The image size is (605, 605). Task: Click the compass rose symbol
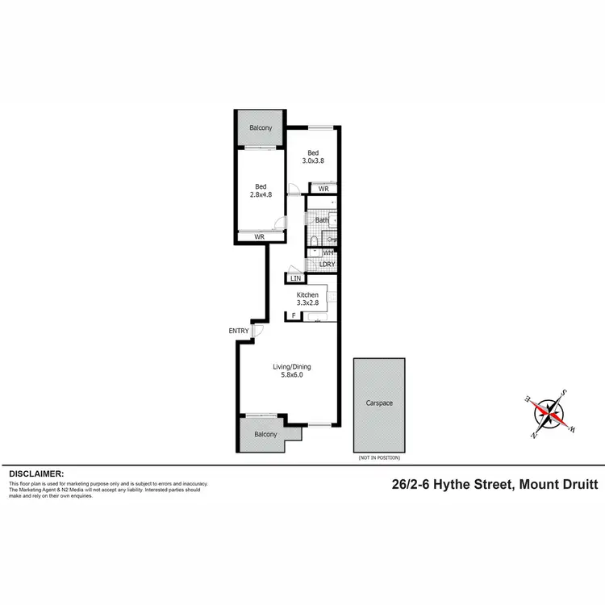[x=550, y=411]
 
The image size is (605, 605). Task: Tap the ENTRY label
[x=239, y=331]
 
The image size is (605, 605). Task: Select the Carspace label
[x=379, y=403]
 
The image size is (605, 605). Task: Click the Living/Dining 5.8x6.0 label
[x=290, y=371]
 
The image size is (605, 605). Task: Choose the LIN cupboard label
[x=295, y=279]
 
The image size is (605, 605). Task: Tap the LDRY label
[x=328, y=265]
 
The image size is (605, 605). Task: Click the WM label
[x=328, y=252]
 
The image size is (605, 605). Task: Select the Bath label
[x=322, y=219]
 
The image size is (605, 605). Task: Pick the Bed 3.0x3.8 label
[x=313, y=157]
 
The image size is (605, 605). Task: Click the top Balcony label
[x=261, y=128]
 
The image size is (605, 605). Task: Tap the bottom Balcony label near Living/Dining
[x=265, y=434]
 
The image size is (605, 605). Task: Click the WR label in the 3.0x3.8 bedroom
[x=323, y=189]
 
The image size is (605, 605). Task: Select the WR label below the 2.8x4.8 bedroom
[x=260, y=236]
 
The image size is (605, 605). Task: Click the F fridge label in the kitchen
[x=294, y=315]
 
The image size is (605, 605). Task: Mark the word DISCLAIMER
[x=36, y=474]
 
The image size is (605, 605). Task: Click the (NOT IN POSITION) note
[x=378, y=457]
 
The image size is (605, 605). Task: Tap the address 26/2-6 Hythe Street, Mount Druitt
[x=494, y=484]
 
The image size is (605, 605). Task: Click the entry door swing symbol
[x=257, y=329]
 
